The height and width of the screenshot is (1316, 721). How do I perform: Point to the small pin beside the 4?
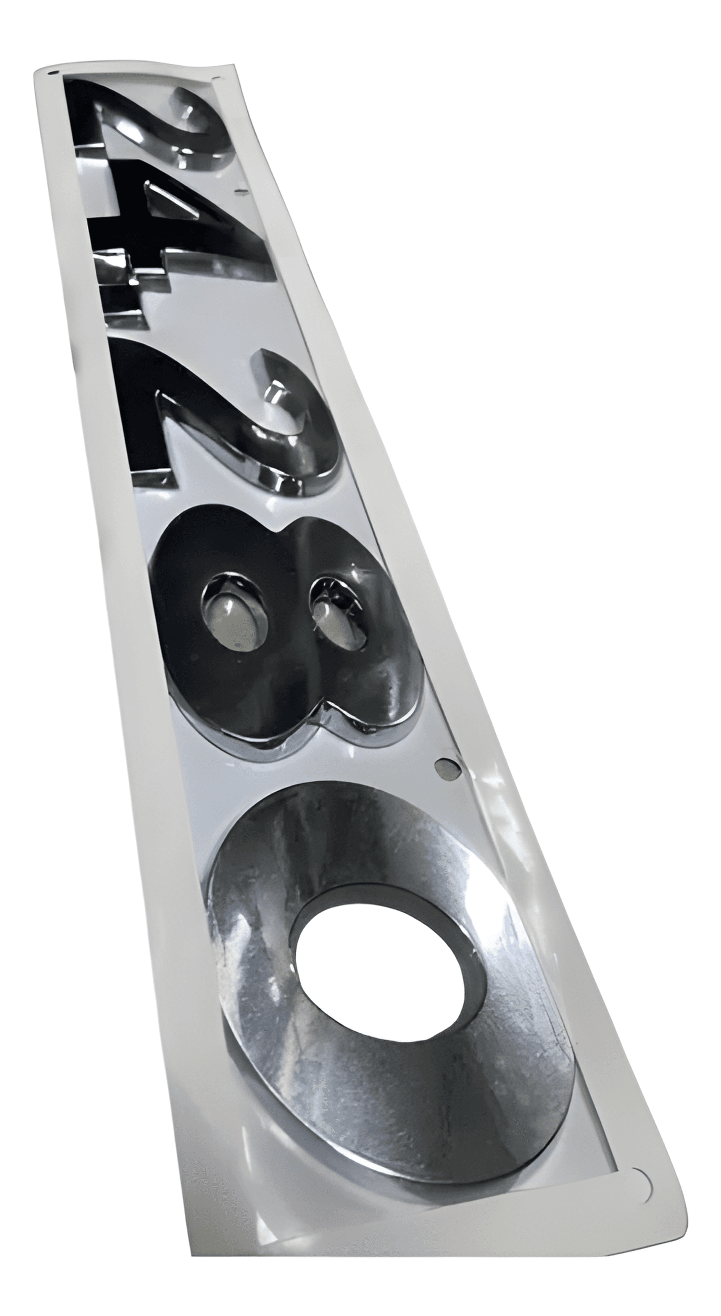pos(241,192)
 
